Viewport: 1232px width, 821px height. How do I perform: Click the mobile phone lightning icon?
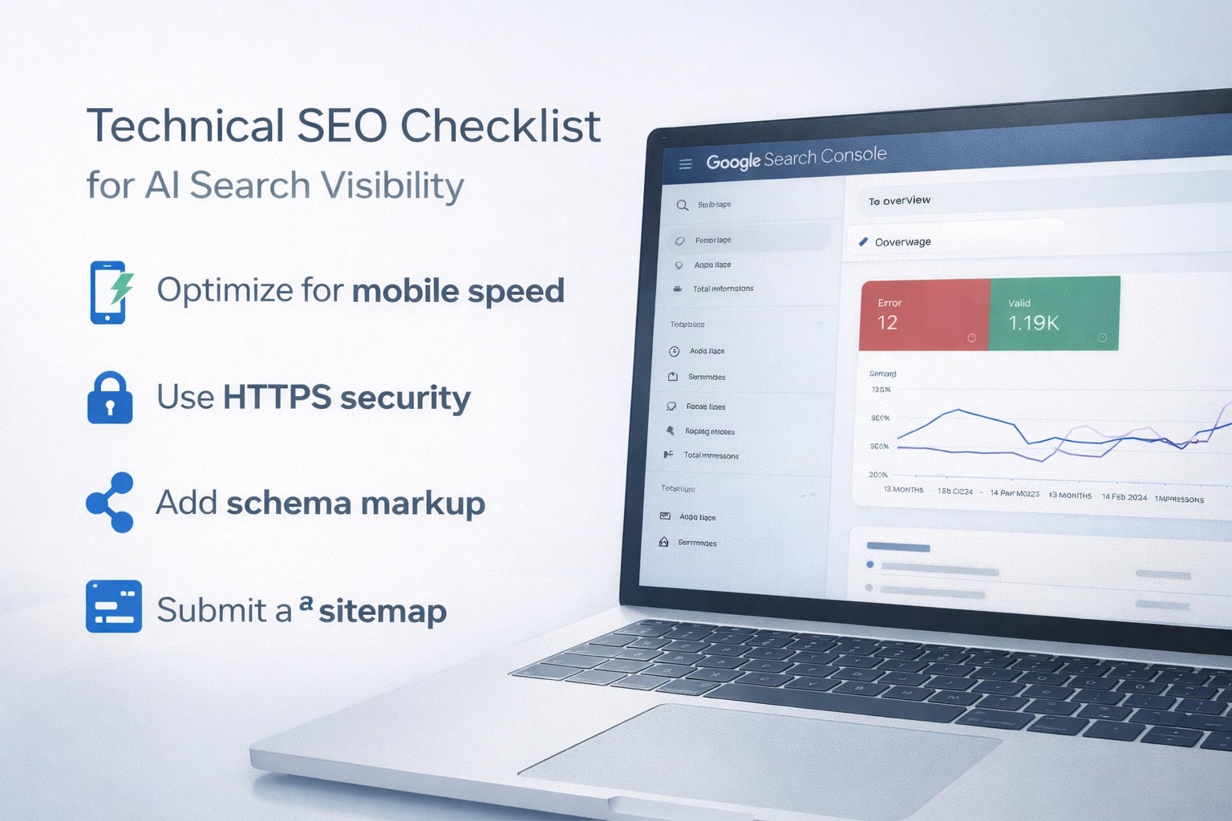110,292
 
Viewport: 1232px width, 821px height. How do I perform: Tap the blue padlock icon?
110,398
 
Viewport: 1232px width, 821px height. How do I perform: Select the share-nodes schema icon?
111,503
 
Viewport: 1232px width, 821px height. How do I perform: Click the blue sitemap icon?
114,607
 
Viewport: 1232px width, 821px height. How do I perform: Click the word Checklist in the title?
500,126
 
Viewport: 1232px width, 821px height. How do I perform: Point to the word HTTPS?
277,397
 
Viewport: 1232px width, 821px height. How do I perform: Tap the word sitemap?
383,612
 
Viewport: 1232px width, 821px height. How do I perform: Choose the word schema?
289,504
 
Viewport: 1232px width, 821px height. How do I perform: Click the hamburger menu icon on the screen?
685,164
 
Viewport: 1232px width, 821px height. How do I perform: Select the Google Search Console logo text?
796,158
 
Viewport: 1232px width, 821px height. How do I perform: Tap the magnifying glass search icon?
682,205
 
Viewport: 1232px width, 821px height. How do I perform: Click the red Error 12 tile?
924,314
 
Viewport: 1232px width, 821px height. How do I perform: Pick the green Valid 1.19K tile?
1054,313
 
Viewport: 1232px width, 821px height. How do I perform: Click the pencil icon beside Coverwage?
863,241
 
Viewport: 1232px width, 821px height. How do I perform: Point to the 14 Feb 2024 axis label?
1124,497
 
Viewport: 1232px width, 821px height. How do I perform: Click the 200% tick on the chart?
877,475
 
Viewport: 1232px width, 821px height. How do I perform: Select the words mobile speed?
458,291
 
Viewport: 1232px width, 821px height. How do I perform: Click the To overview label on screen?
899,200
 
